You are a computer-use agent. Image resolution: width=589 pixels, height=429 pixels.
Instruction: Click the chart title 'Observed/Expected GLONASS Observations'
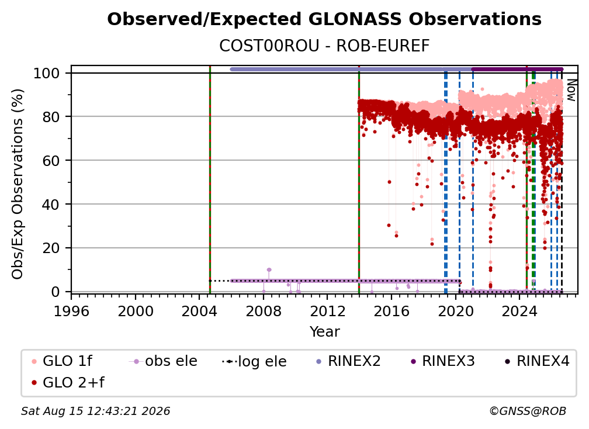pos(324,19)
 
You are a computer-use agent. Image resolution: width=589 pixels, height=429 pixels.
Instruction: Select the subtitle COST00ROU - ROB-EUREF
pos(324,46)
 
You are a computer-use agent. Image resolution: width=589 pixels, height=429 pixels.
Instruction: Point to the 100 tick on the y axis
pos(47,73)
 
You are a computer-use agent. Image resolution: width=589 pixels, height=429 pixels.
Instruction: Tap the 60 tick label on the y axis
pos(51,160)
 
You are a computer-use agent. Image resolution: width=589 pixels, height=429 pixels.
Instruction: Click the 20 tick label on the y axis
pos(51,248)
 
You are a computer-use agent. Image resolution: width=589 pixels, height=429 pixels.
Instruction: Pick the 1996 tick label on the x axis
pos(71,311)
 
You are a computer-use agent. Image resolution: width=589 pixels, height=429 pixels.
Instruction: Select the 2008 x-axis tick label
pos(264,311)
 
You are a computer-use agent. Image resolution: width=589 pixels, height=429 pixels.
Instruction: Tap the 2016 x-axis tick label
pos(391,311)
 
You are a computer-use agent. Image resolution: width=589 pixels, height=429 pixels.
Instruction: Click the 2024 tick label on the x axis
pos(519,311)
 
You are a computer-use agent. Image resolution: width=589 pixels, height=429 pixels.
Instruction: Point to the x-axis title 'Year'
pos(324,332)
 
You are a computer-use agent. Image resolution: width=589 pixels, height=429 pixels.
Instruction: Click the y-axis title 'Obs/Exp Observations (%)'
pos(18,184)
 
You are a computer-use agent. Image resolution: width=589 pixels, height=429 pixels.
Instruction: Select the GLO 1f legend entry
pos(62,361)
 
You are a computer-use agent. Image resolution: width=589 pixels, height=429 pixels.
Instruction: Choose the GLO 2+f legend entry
pos(68,383)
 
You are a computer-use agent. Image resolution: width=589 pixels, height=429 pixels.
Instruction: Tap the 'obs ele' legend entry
pos(163,361)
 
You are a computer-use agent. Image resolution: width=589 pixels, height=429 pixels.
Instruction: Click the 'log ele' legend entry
pos(254,362)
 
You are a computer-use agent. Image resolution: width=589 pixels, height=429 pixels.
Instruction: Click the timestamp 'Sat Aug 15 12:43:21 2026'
pos(95,411)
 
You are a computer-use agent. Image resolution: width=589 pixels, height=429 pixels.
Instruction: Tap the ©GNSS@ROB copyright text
pos(528,411)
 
